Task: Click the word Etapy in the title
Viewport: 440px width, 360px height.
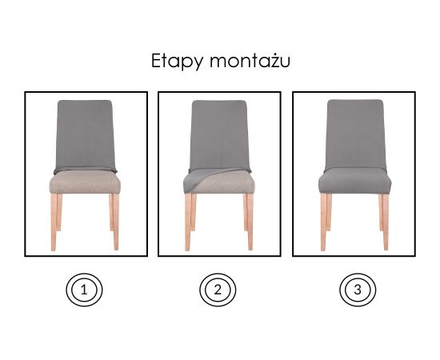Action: click(178, 61)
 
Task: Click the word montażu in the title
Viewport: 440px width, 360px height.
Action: click(250, 60)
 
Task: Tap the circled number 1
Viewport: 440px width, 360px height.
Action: click(84, 290)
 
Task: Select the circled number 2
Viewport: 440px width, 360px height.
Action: click(218, 290)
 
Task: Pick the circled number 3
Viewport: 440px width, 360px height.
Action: click(358, 290)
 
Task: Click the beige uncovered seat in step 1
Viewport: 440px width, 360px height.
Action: click(85, 182)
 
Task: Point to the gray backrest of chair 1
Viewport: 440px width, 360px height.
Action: click(86, 134)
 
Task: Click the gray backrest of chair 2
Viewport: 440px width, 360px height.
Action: click(220, 134)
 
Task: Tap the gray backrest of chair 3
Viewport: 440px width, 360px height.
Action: click(355, 134)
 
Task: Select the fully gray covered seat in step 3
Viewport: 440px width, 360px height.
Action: click(355, 182)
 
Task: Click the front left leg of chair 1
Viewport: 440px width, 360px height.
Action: click(54, 222)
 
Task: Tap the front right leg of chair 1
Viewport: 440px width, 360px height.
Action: click(116, 222)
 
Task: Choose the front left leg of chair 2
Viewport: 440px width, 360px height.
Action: click(188, 222)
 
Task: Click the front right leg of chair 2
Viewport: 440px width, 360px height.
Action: click(250, 222)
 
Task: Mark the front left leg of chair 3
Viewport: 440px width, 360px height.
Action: click(323, 222)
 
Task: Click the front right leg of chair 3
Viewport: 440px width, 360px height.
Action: click(386, 222)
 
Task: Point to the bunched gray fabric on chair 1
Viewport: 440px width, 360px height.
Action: click(86, 170)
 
